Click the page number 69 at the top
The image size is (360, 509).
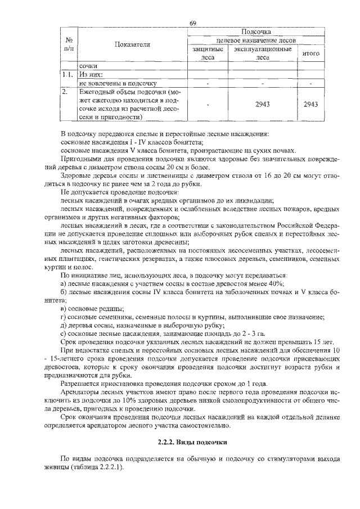coord(192,23)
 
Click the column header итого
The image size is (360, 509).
coord(311,53)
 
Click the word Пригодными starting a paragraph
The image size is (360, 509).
coord(82,159)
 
